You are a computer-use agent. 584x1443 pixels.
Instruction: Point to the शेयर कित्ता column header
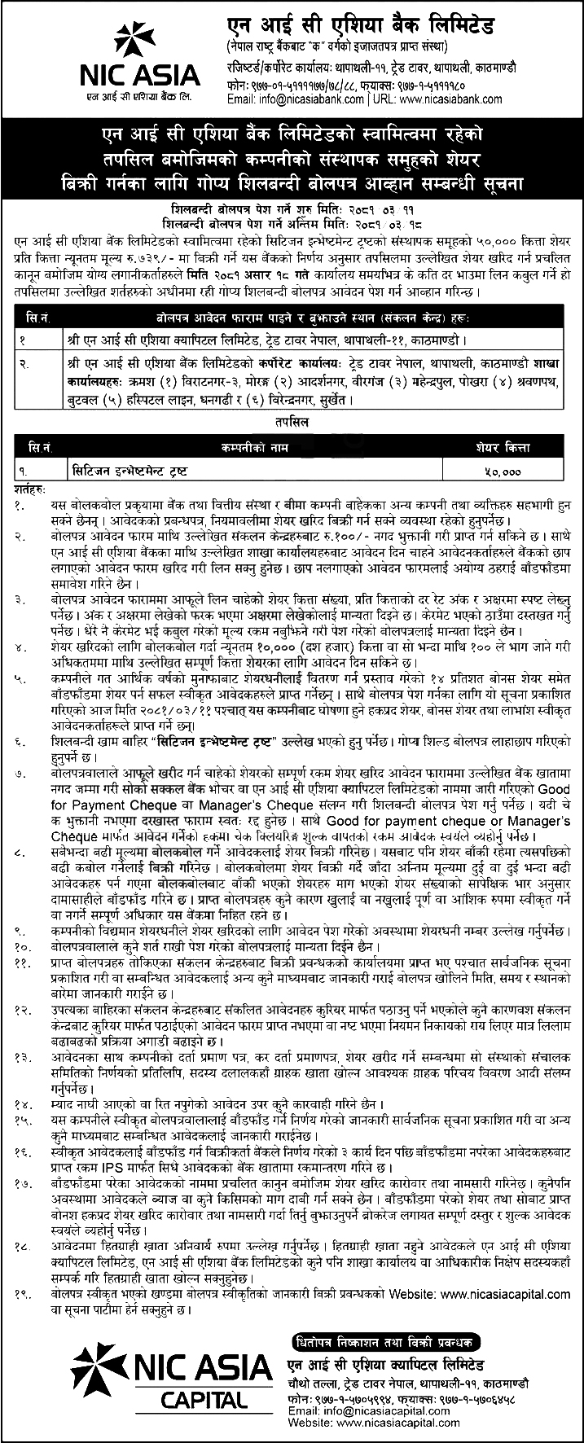[503, 448]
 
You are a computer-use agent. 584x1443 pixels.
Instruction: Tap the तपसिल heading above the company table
[292, 425]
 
